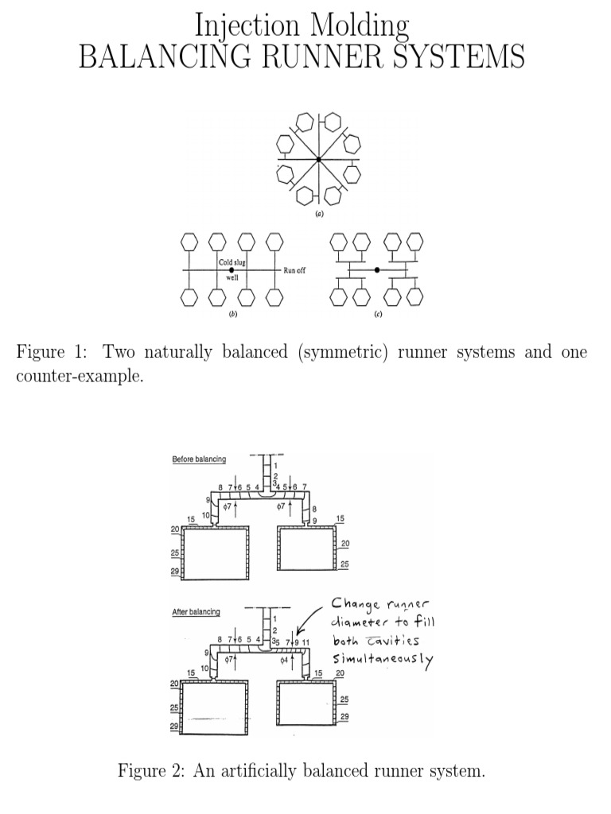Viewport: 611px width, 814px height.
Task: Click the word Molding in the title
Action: [361, 26]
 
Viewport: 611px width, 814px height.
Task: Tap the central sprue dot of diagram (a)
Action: [318, 161]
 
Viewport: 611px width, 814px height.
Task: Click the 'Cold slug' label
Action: [232, 262]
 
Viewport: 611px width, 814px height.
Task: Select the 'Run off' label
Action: [294, 271]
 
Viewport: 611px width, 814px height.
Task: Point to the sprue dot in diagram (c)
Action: [377, 270]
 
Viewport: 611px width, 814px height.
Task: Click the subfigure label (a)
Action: [318, 214]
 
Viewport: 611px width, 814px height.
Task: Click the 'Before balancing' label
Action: [199, 459]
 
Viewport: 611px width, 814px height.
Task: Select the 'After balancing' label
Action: [197, 611]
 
